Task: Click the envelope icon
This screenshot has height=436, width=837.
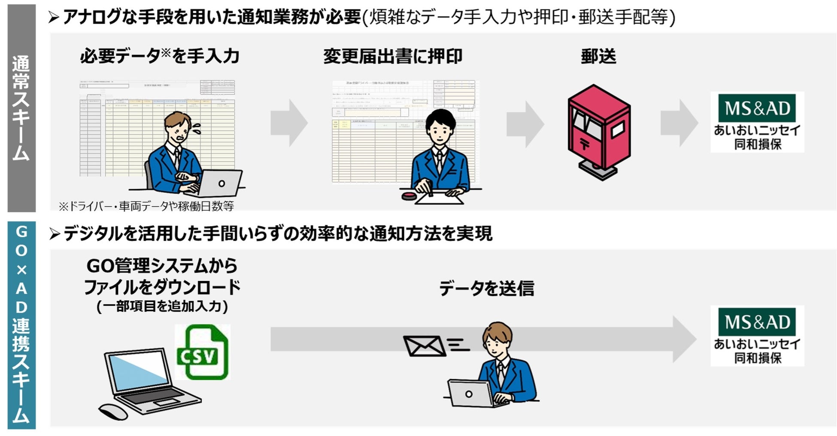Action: click(423, 346)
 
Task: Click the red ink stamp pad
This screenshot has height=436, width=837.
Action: click(409, 196)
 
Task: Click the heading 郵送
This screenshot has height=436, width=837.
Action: click(598, 56)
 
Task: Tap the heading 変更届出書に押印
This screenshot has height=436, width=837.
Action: click(392, 56)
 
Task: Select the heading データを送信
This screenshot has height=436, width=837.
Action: click(486, 288)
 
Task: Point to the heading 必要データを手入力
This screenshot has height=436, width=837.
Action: click(159, 56)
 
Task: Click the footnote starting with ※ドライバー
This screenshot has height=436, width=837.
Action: click(146, 206)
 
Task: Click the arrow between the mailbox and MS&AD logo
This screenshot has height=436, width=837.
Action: click(679, 123)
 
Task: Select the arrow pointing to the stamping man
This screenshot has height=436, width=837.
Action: click(289, 123)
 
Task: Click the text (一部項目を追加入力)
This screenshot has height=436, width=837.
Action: click(162, 306)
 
